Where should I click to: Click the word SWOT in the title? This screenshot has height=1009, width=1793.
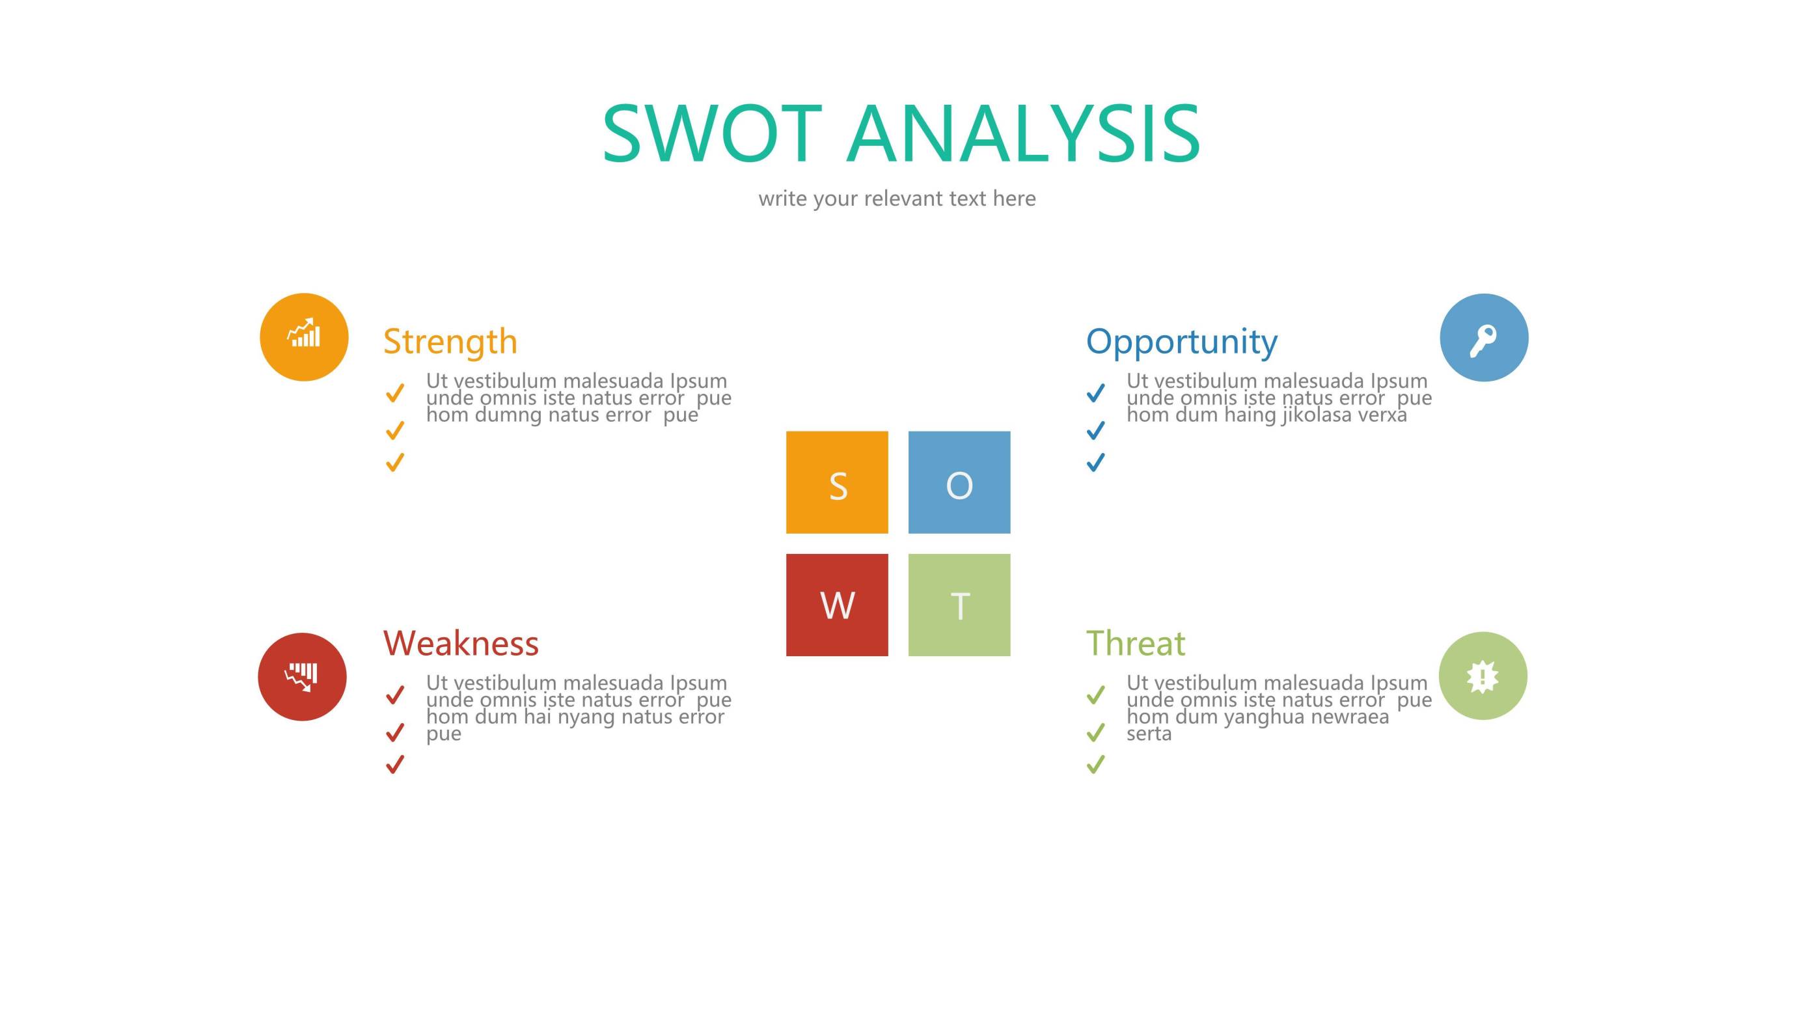(x=711, y=133)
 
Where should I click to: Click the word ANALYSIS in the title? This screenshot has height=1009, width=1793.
(x=1023, y=133)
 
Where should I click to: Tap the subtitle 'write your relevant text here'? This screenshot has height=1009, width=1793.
(x=897, y=199)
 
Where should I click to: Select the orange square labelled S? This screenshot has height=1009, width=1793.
(x=837, y=482)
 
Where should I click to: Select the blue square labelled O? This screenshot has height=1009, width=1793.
(x=959, y=482)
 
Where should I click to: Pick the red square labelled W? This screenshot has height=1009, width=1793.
(x=837, y=605)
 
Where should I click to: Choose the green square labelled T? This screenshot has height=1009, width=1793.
(x=959, y=605)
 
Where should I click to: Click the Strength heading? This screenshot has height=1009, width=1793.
(x=450, y=341)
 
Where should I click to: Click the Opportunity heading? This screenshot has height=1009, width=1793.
(x=1181, y=341)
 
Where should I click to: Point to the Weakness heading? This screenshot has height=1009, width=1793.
(x=461, y=643)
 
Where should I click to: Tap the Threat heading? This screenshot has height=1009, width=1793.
(x=1135, y=643)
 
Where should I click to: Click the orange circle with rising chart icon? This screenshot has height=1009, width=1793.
(x=303, y=337)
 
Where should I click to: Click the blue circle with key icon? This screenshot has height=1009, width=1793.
(x=1483, y=338)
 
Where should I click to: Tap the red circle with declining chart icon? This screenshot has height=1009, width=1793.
(x=302, y=676)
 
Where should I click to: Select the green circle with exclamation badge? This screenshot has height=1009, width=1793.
(x=1483, y=676)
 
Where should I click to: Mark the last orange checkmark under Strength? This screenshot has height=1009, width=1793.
(x=394, y=462)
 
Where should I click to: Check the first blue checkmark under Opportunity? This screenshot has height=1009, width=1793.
(x=1095, y=393)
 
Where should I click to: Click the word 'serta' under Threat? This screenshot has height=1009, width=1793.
(x=1149, y=734)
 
